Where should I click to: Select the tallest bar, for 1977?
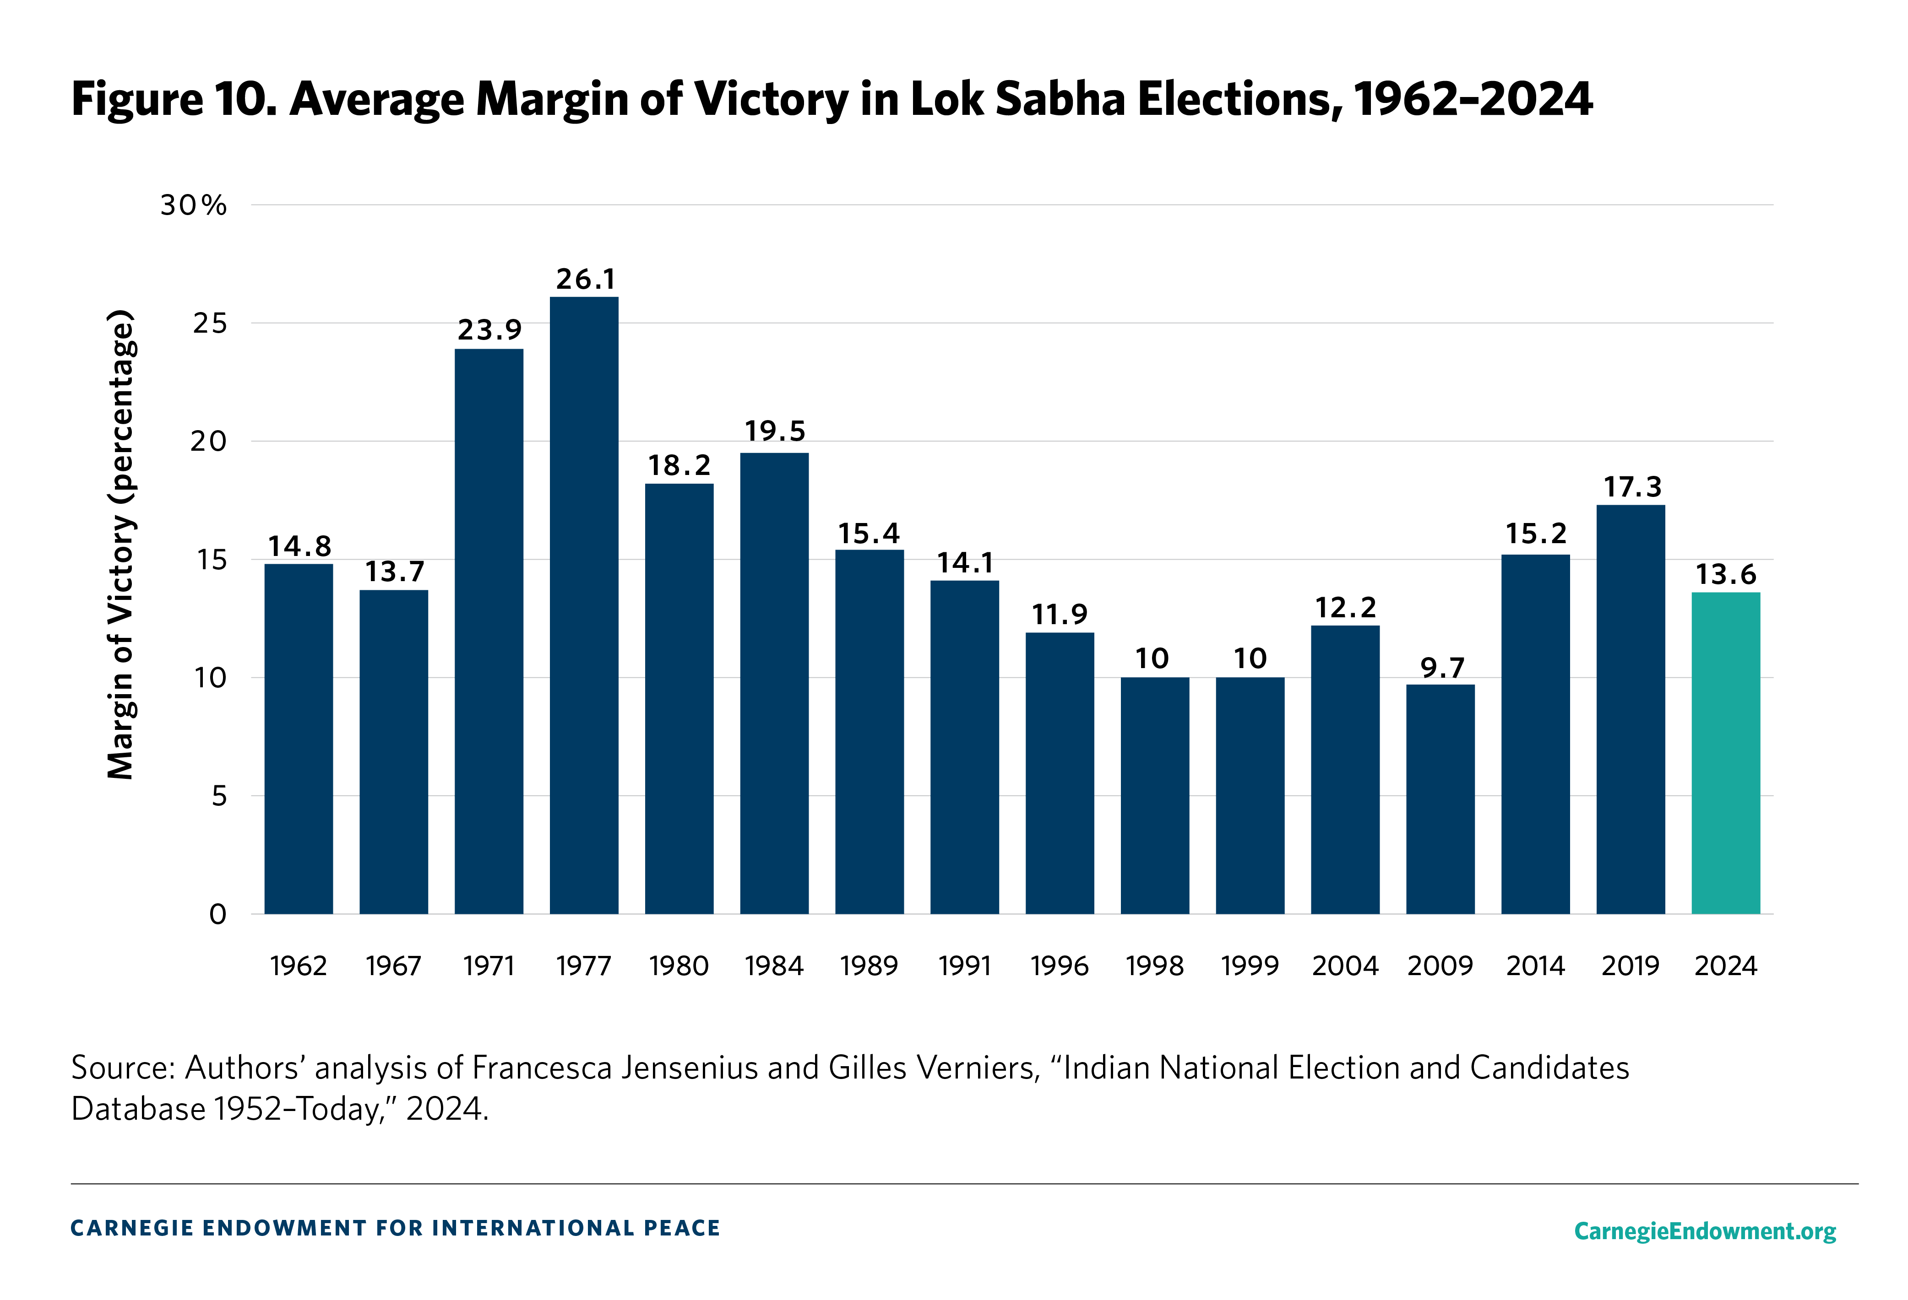click(x=584, y=605)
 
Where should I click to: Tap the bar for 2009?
click(x=1440, y=798)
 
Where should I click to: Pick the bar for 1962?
click(x=299, y=739)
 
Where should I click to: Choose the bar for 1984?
click(x=774, y=683)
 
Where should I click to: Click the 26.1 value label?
click(x=585, y=279)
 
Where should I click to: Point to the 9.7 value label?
click(x=1442, y=668)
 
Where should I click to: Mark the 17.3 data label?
click(x=1632, y=487)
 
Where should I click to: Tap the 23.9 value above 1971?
click(x=489, y=330)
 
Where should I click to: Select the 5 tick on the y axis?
click(x=218, y=796)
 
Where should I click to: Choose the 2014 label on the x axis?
click(x=1535, y=966)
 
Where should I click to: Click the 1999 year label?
click(x=1250, y=966)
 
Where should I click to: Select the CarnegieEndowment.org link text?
click(x=1705, y=1230)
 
